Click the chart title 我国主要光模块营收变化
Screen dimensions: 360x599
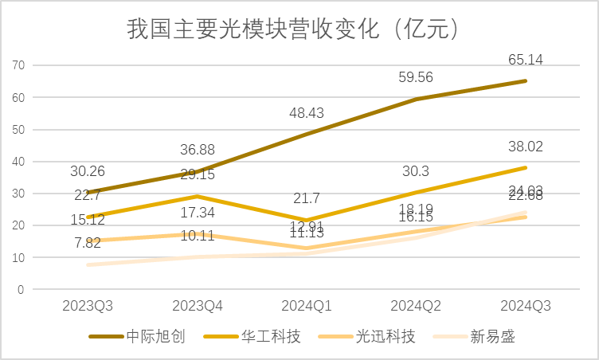pyautogui.click(x=292, y=29)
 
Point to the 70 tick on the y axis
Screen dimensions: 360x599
pyautogui.click(x=18, y=65)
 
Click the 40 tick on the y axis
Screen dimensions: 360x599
pyautogui.click(x=18, y=162)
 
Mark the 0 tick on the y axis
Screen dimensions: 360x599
pyautogui.click(x=22, y=290)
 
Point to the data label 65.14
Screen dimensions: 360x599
pyautogui.click(x=525, y=58)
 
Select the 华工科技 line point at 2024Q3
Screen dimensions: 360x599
pyautogui.click(x=525, y=168)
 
